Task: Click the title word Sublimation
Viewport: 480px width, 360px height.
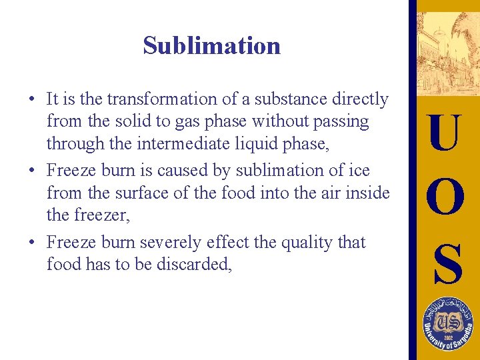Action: point(211,45)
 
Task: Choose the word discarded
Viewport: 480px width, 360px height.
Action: point(194,264)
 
